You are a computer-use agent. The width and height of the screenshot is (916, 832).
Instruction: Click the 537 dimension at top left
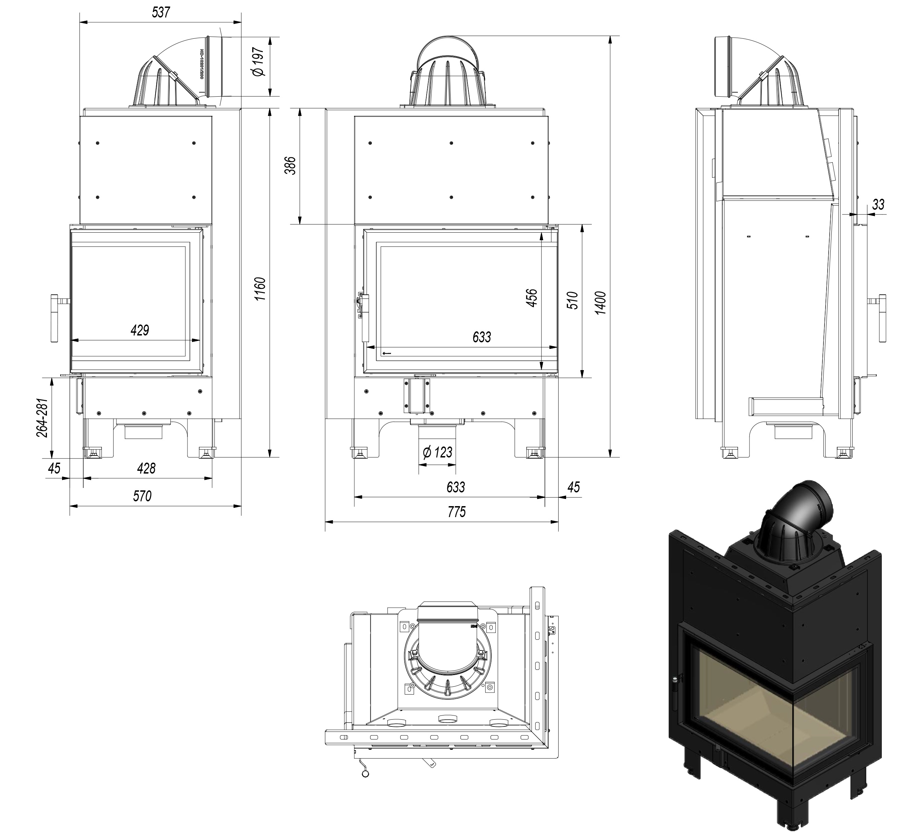(x=161, y=12)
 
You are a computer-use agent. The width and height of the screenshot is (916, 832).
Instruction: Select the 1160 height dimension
(x=259, y=289)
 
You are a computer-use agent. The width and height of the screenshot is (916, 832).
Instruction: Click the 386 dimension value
(x=291, y=166)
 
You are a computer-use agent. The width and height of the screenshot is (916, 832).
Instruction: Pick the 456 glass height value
(x=532, y=298)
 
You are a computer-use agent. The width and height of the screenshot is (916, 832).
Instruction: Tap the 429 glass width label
(x=139, y=330)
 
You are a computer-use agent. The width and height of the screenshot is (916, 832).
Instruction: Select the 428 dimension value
(x=146, y=468)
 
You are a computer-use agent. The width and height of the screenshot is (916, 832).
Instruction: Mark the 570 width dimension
(x=142, y=496)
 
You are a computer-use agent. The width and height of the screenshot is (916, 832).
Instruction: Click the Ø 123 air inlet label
(x=437, y=453)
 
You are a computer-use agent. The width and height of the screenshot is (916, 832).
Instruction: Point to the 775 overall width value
(x=457, y=512)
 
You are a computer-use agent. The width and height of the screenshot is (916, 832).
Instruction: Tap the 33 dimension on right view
(x=878, y=205)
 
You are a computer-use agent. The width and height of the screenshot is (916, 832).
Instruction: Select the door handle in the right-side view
(x=882, y=318)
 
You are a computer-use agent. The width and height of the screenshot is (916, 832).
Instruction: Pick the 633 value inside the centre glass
(x=481, y=337)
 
